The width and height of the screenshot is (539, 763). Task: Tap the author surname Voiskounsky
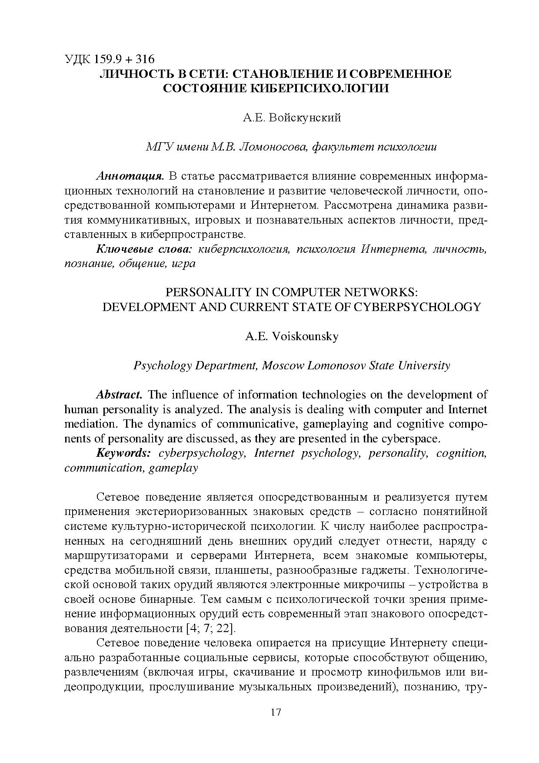pyautogui.click(x=305, y=336)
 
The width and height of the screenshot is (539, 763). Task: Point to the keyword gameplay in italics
pyautogui.click(x=173, y=468)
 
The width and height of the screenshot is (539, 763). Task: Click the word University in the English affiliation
pyautogui.click(x=425, y=365)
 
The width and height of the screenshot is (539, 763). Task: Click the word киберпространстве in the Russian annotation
pyautogui.click(x=193, y=235)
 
